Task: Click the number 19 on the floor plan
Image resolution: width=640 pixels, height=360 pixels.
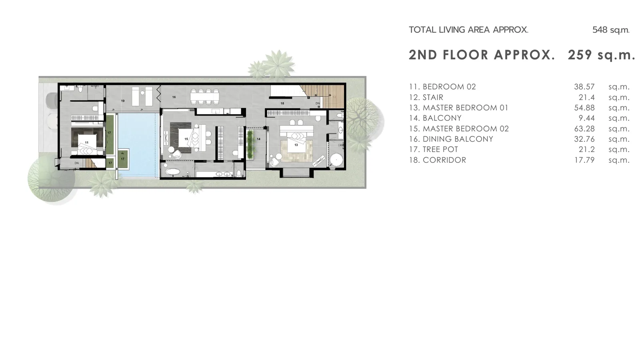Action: pyautogui.click(x=123, y=101)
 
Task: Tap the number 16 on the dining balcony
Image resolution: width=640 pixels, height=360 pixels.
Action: pyautogui.click(x=174, y=97)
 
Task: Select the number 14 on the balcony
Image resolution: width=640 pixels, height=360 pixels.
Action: pyautogui.click(x=258, y=139)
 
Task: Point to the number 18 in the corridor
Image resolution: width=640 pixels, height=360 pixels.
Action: pyautogui.click(x=282, y=104)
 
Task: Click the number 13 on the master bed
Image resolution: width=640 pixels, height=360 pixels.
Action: pyautogui.click(x=296, y=145)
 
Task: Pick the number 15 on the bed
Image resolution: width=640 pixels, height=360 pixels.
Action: pyautogui.click(x=186, y=139)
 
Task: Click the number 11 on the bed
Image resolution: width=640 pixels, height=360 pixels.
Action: pyautogui.click(x=86, y=142)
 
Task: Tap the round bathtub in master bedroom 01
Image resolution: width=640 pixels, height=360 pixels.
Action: pyautogui.click(x=336, y=160)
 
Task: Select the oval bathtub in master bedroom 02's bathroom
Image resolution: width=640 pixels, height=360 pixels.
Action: pyautogui.click(x=173, y=172)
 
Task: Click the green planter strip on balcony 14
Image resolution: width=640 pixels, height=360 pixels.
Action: pyautogui.click(x=250, y=144)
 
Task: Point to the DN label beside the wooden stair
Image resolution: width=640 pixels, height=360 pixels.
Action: pyautogui.click(x=318, y=103)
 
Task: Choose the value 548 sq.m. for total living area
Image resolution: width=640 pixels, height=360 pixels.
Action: pyautogui.click(x=611, y=30)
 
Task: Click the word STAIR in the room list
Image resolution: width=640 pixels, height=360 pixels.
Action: pyautogui.click(x=433, y=98)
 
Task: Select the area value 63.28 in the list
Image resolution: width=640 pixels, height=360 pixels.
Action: pyautogui.click(x=584, y=128)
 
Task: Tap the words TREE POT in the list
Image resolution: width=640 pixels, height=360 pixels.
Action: pyautogui.click(x=440, y=150)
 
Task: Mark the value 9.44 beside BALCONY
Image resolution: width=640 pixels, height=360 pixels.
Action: pyautogui.click(x=586, y=118)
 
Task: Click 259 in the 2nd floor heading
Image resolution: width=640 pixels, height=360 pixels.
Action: pyautogui.click(x=580, y=55)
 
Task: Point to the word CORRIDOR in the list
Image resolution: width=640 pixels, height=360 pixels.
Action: pyautogui.click(x=444, y=160)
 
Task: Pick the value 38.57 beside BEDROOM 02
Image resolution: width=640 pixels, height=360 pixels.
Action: pyautogui.click(x=584, y=86)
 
